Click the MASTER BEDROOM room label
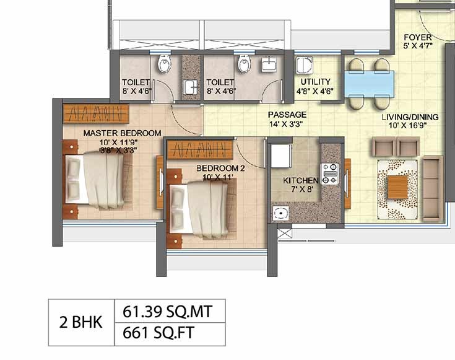click(x=122, y=133)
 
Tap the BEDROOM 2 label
click(x=220, y=169)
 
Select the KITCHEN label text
click(x=301, y=180)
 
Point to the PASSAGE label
click(x=287, y=115)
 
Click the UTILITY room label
click(x=316, y=82)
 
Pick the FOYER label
click(x=418, y=37)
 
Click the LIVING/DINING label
click(x=410, y=117)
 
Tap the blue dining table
click(x=369, y=84)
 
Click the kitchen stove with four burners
click(x=329, y=173)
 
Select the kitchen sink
click(x=280, y=213)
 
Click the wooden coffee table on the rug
click(x=397, y=187)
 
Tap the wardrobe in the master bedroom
click(x=96, y=113)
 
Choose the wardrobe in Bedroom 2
click(x=200, y=150)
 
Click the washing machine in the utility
click(x=304, y=65)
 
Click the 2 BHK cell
click(x=81, y=323)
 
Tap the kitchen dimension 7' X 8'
click(x=302, y=190)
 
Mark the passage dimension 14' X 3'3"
click(x=286, y=124)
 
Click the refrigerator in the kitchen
click(x=281, y=156)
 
